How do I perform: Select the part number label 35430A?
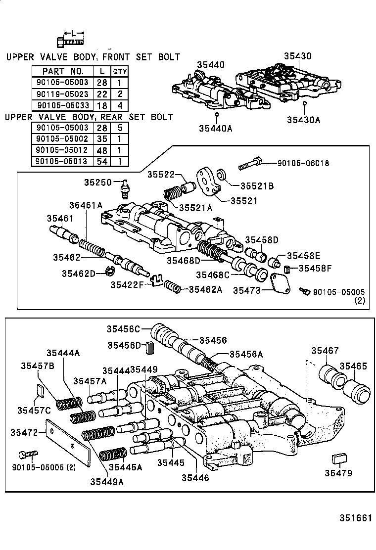point(303,119)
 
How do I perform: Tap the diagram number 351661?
point(355,518)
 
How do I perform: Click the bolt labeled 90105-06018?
point(250,164)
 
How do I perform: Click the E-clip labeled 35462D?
point(112,271)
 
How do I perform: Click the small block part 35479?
point(338,458)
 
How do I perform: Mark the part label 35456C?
point(124,329)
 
